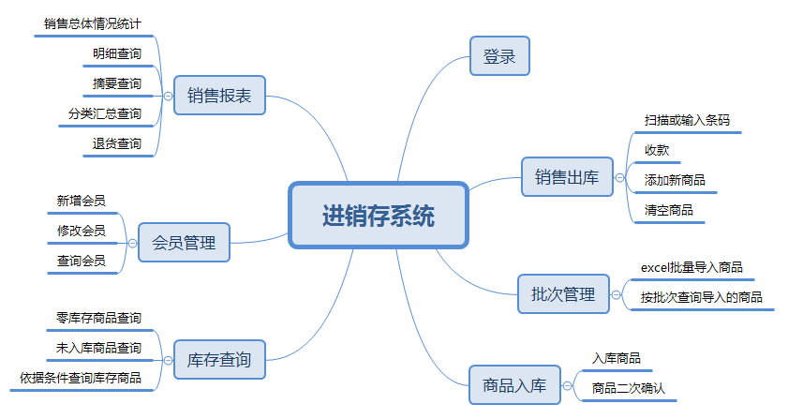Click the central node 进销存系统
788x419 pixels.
tap(378, 216)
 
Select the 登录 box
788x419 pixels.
tap(499, 56)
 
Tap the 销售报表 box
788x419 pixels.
tap(219, 95)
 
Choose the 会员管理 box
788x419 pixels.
tap(184, 244)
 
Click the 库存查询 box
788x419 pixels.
tap(219, 358)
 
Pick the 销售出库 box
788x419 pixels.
tap(566, 176)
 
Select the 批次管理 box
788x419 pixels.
tap(563, 294)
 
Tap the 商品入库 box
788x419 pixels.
tap(514, 384)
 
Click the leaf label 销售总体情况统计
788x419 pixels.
tap(93, 22)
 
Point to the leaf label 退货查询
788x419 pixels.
tap(117, 143)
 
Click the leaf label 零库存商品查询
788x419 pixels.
tap(98, 319)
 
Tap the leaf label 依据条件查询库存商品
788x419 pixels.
tap(81, 378)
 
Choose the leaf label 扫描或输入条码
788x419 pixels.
tap(687, 120)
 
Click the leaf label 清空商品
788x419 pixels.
tap(669, 209)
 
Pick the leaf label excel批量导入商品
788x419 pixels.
tap(691, 268)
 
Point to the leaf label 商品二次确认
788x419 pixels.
tap(628, 387)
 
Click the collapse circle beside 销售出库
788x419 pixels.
tap(619, 176)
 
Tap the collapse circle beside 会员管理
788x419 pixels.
tap(132, 244)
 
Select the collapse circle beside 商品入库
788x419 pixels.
tap(567, 384)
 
